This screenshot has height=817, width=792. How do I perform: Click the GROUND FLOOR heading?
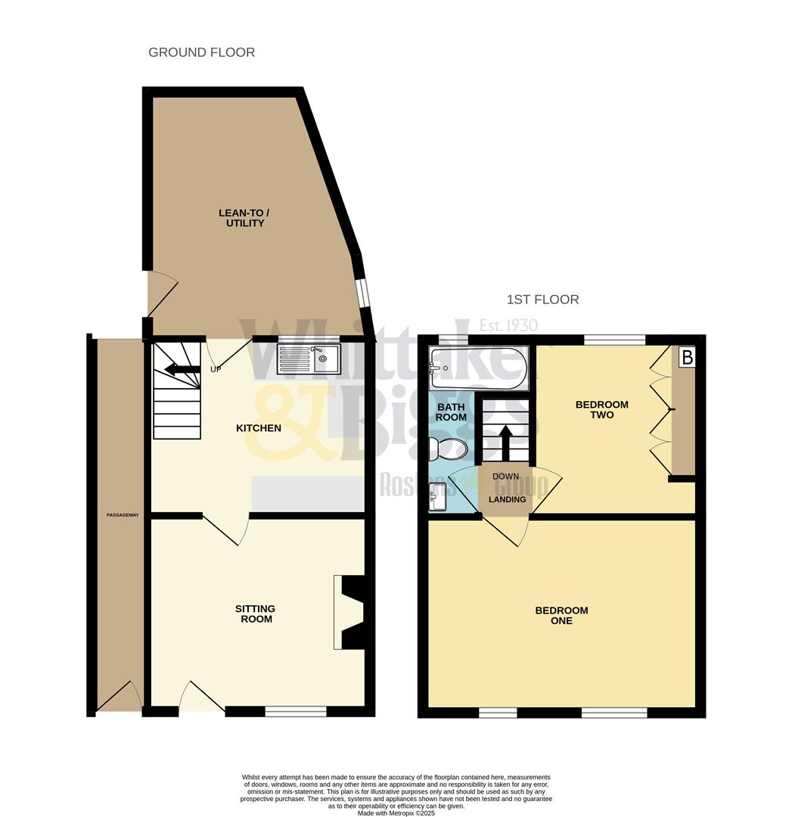201,52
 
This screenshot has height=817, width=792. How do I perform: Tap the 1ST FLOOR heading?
543,300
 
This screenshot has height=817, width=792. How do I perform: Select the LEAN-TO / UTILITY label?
244,218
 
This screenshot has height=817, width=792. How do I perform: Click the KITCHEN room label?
259,428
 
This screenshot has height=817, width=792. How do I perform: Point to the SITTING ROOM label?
254,614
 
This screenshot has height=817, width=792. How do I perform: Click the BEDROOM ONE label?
561,616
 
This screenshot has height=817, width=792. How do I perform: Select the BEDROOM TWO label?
601,409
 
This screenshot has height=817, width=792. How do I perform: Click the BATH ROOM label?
451,412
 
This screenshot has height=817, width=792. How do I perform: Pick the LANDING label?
507,499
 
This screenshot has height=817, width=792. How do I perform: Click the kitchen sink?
309,359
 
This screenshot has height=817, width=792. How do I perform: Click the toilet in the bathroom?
447,449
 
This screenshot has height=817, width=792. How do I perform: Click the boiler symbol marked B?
686,357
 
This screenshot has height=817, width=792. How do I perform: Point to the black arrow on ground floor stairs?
178,369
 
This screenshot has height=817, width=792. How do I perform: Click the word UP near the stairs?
216,369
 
